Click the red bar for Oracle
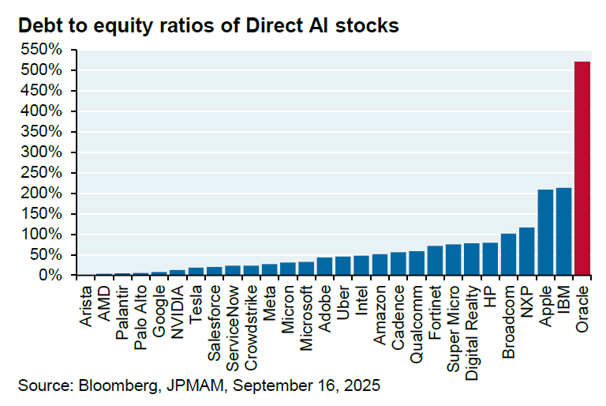(x=582, y=169)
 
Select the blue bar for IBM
(x=563, y=231)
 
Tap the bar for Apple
(x=545, y=232)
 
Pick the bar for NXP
(x=526, y=251)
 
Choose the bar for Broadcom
(x=508, y=254)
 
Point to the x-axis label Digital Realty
(x=472, y=323)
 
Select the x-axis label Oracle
(x=583, y=303)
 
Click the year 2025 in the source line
(x=364, y=386)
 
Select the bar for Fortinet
(x=434, y=261)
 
